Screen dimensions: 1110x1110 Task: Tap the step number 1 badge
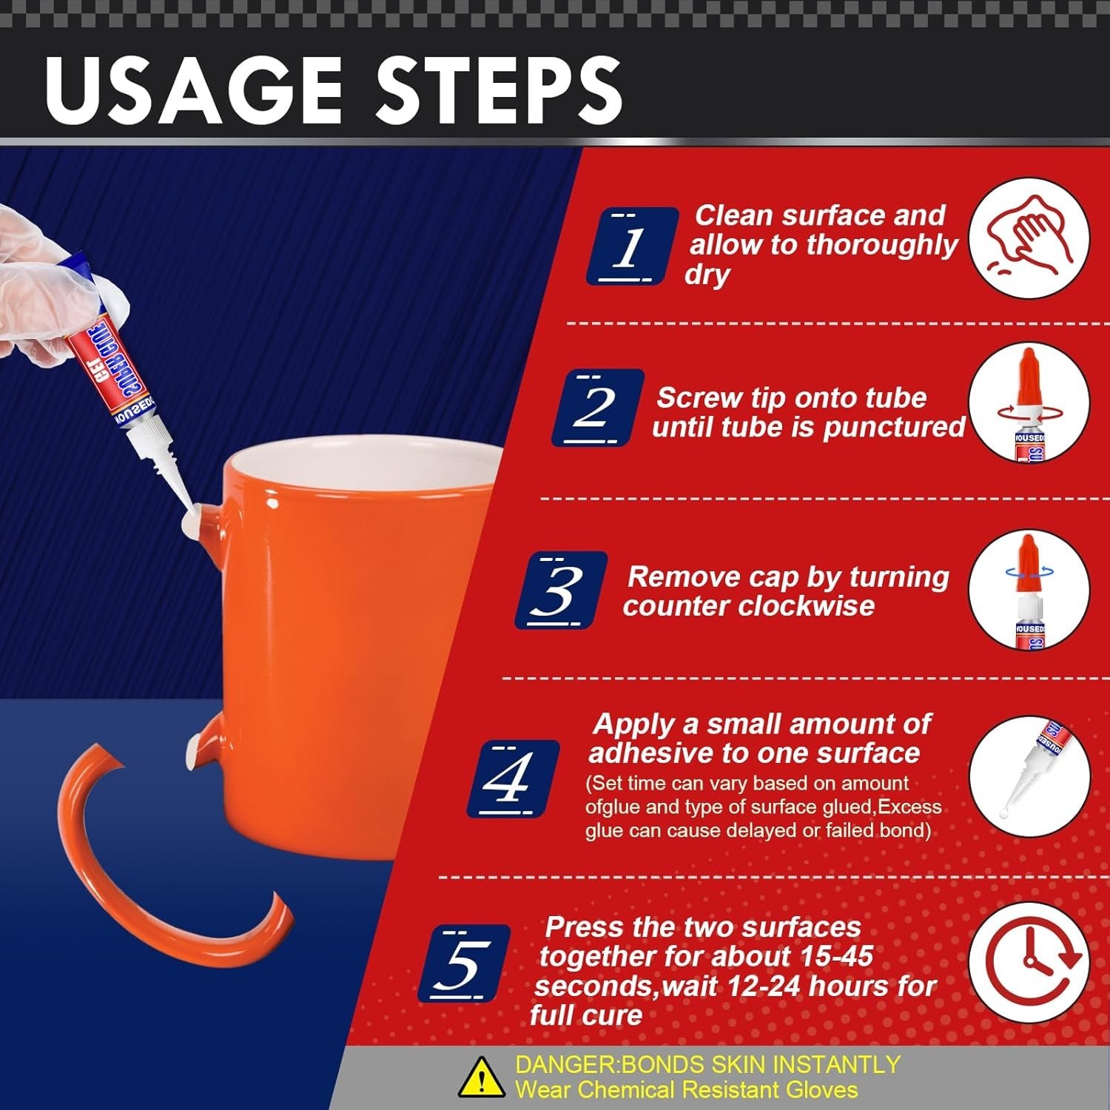click(632, 246)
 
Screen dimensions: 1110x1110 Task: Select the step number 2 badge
click(597, 408)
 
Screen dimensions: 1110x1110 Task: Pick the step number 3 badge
click(561, 591)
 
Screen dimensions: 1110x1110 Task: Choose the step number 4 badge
click(513, 778)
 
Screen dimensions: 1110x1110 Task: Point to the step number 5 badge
click(464, 963)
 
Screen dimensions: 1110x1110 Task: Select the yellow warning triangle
click(482, 1077)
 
